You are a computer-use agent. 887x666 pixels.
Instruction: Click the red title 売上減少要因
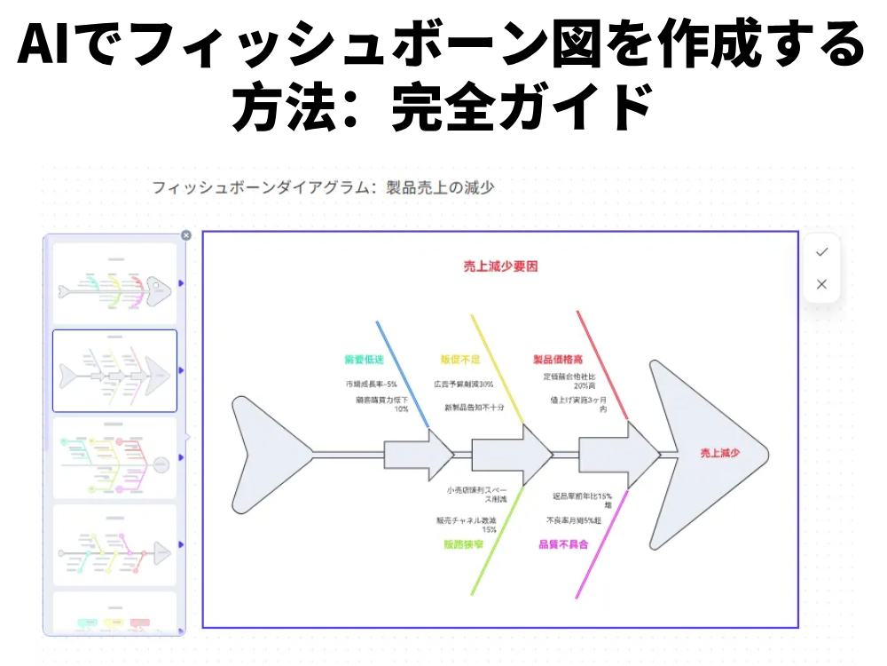pyautogui.click(x=500, y=266)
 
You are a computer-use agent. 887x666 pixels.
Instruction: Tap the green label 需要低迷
pyautogui.click(x=364, y=360)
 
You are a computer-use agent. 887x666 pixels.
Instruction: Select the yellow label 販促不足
pyautogui.click(x=459, y=360)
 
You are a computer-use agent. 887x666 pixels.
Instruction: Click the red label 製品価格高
pyautogui.click(x=557, y=360)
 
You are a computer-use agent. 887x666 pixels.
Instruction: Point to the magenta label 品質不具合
pyautogui.click(x=562, y=543)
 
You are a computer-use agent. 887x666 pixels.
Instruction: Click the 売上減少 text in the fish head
pyautogui.click(x=719, y=453)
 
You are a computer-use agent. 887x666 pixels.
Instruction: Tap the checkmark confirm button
pyautogui.click(x=821, y=252)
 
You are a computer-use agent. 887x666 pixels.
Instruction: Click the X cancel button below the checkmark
pyautogui.click(x=821, y=284)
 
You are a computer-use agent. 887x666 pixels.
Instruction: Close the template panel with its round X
pyautogui.click(x=185, y=235)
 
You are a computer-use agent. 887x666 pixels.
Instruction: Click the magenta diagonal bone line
pyautogui.click(x=603, y=542)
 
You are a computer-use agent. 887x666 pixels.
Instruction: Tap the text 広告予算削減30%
pyautogui.click(x=463, y=385)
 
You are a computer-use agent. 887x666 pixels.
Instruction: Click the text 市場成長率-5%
pyautogui.click(x=371, y=385)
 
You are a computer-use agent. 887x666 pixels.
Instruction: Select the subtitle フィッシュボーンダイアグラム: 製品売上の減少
pyautogui.click(x=323, y=187)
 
